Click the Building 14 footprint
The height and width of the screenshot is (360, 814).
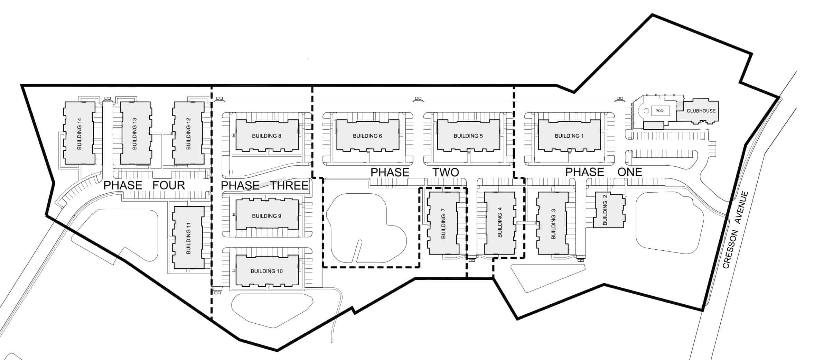click(x=79, y=133)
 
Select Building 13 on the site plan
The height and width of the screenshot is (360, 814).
click(x=135, y=133)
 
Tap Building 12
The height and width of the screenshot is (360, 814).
click(x=188, y=133)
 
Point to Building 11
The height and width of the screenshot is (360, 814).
click(x=188, y=238)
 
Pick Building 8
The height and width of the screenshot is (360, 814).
click(x=266, y=136)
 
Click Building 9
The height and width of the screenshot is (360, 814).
click(x=266, y=216)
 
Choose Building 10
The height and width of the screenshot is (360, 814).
click(x=266, y=271)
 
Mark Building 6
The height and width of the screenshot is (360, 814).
click(x=367, y=136)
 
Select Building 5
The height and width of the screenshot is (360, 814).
click(x=468, y=136)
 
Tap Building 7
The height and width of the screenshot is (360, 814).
click(x=443, y=223)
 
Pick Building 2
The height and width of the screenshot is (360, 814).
click(x=608, y=210)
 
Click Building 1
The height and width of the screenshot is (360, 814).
click(x=569, y=136)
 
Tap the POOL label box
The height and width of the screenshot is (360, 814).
click(x=660, y=111)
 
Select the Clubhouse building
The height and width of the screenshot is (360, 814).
click(x=700, y=111)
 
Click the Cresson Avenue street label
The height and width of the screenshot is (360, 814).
click(x=736, y=230)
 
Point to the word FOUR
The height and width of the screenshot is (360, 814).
click(x=169, y=185)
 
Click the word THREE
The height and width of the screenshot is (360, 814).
click(x=290, y=186)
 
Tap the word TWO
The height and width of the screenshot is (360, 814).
click(x=446, y=172)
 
